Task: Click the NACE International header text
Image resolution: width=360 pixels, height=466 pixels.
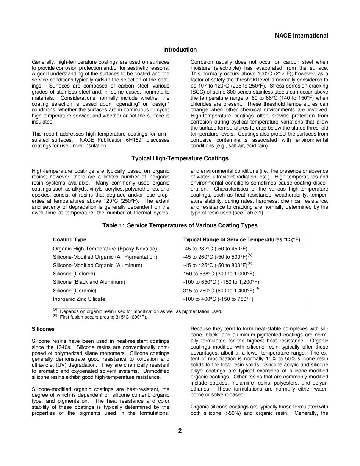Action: (x=301, y=36)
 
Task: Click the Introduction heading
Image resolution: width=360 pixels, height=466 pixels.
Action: (x=180, y=50)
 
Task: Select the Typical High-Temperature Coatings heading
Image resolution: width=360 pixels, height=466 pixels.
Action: (x=180, y=158)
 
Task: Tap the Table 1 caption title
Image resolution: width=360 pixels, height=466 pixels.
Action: (x=180, y=225)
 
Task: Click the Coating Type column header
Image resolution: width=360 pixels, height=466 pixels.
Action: (x=69, y=240)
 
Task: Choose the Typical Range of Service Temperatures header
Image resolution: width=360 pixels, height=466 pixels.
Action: (x=241, y=240)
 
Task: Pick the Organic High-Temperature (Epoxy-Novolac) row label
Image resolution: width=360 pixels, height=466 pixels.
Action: (x=105, y=249)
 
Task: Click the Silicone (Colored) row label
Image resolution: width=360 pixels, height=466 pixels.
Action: (x=74, y=274)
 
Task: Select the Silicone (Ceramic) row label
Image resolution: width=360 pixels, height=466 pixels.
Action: (x=75, y=291)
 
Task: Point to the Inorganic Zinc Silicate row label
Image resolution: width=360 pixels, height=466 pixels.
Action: (x=79, y=299)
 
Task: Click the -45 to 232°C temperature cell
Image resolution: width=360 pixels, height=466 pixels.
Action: (x=215, y=249)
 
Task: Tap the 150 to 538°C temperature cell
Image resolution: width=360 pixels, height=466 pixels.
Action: (x=218, y=274)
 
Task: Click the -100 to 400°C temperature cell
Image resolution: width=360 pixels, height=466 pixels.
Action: (x=218, y=299)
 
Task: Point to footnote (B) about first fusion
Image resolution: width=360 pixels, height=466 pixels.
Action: (x=103, y=317)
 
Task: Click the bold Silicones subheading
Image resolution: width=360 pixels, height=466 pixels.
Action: (x=43, y=329)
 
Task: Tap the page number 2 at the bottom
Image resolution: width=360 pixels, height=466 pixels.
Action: (x=180, y=431)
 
